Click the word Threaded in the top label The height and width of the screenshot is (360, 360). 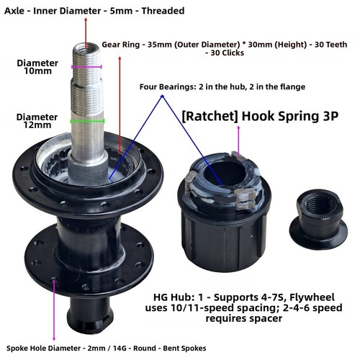163,11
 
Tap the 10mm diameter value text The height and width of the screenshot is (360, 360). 37,71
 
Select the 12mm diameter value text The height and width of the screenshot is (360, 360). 37,125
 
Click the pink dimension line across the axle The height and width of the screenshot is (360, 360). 86,67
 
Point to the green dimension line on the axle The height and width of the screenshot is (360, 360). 87,121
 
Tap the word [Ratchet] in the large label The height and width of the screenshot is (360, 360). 210,117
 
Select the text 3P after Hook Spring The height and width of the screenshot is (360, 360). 330,116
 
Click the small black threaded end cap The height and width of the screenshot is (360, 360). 318,222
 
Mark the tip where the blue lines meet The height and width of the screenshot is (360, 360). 162,96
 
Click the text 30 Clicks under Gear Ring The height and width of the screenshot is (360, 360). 227,53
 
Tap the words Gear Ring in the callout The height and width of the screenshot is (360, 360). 121,45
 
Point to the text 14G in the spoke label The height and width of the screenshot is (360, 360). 120,348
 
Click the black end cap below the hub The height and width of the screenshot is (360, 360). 91,315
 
